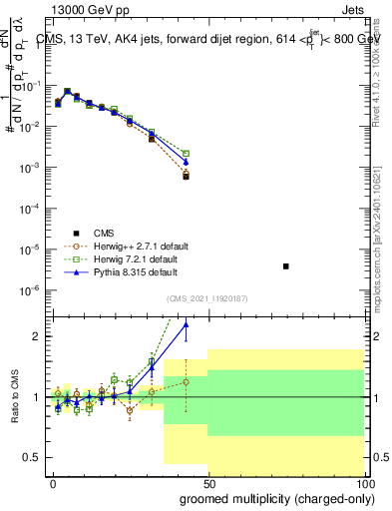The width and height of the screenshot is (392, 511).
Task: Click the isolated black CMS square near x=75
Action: coord(286,266)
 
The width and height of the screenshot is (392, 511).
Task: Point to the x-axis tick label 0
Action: coord(53,482)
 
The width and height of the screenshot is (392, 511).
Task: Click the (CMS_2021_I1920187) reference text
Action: coord(207,297)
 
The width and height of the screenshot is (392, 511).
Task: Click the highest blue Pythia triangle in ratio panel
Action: coord(186,323)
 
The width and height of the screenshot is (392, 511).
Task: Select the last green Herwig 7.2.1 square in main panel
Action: coord(187,154)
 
